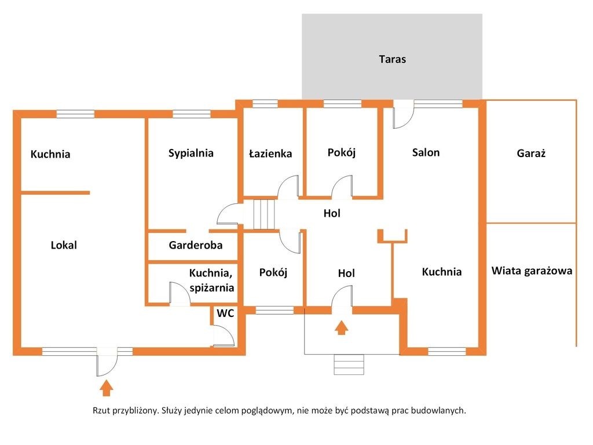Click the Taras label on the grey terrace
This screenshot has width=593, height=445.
pos(392,59)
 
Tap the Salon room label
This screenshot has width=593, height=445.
pos(426,152)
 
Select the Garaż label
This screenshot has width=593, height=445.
pos(531,153)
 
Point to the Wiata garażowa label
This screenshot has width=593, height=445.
pos(532,271)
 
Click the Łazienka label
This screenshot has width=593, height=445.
pos(270,153)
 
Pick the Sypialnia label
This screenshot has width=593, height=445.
pos(191,153)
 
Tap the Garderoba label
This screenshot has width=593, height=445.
pos(196,245)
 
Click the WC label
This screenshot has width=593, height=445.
pos(225,313)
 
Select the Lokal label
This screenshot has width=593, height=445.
pos(64,245)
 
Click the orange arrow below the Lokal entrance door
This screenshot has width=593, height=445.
pos(107,388)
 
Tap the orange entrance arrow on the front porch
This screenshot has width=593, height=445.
pos(342,328)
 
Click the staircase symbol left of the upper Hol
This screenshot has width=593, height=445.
pos(263,214)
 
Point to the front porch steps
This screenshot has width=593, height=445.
pos(349,365)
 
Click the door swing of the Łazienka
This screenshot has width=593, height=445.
pos(288,187)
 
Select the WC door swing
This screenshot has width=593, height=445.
pos(224,337)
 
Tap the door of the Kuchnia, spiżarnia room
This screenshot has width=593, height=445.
pos(180,294)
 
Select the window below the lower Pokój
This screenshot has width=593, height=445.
pos(274,311)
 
